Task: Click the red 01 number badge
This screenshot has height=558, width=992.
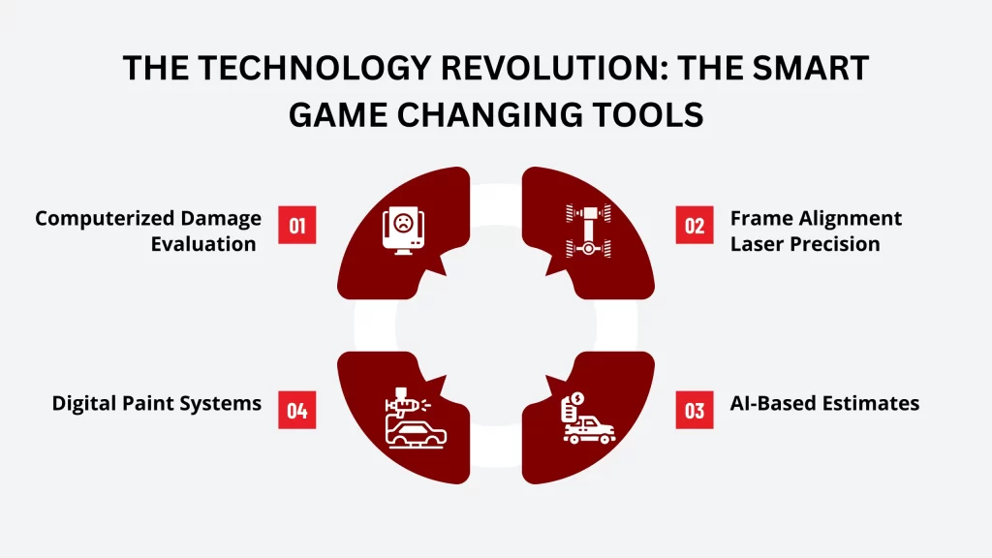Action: click(x=296, y=225)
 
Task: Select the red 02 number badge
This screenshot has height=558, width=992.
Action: click(x=694, y=225)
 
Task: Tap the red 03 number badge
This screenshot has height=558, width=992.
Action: click(x=694, y=410)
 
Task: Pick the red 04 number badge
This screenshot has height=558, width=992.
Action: click(x=296, y=410)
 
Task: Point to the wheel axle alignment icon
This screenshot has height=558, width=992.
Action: click(x=587, y=232)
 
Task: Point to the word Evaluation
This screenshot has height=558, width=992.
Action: click(x=202, y=243)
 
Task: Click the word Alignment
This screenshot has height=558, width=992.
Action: click(x=849, y=218)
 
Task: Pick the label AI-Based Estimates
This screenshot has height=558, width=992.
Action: click(x=824, y=402)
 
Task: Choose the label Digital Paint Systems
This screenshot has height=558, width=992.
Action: click(x=157, y=402)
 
